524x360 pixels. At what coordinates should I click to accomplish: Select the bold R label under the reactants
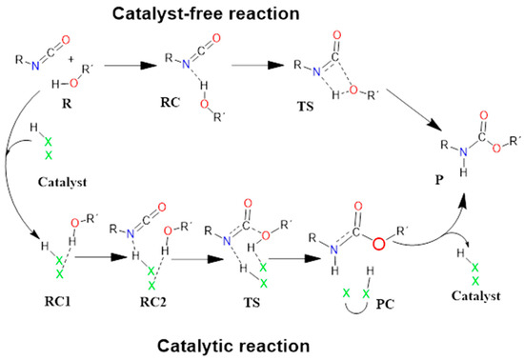coord(66,122)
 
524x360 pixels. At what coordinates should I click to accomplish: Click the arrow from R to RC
coord(126,68)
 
